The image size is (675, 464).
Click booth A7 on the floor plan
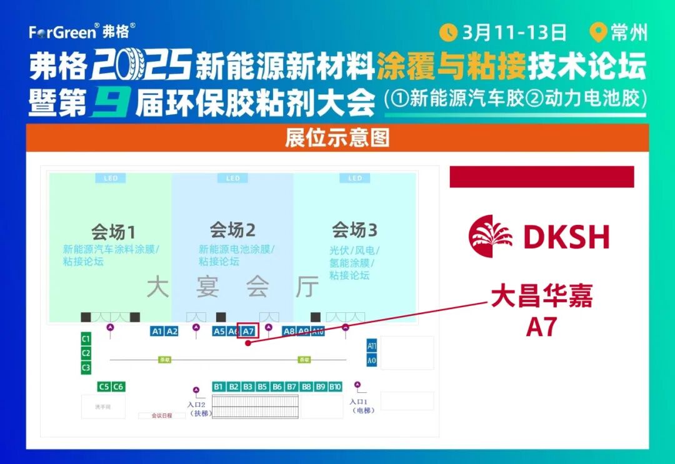tap(248, 331)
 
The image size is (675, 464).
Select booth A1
tap(157, 331)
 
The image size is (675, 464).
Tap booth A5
tap(219, 331)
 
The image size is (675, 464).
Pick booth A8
tap(289, 331)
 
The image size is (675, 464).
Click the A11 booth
tap(372, 346)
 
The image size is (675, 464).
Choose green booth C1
tap(86, 339)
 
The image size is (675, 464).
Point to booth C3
tap(86, 368)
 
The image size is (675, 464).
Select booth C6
tap(118, 387)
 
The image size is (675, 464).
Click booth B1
tap(219, 387)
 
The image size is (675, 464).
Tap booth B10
tap(336, 387)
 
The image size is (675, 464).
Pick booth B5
tap(262, 387)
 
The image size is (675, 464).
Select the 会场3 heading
tap(354, 230)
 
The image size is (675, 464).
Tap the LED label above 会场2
tap(232, 179)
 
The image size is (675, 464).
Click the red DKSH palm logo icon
tap(491, 236)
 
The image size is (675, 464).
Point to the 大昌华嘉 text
tap(541, 297)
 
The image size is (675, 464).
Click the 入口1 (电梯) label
tap(361, 406)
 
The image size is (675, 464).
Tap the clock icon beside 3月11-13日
tap(448, 32)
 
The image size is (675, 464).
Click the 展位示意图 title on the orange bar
tap(337, 137)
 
